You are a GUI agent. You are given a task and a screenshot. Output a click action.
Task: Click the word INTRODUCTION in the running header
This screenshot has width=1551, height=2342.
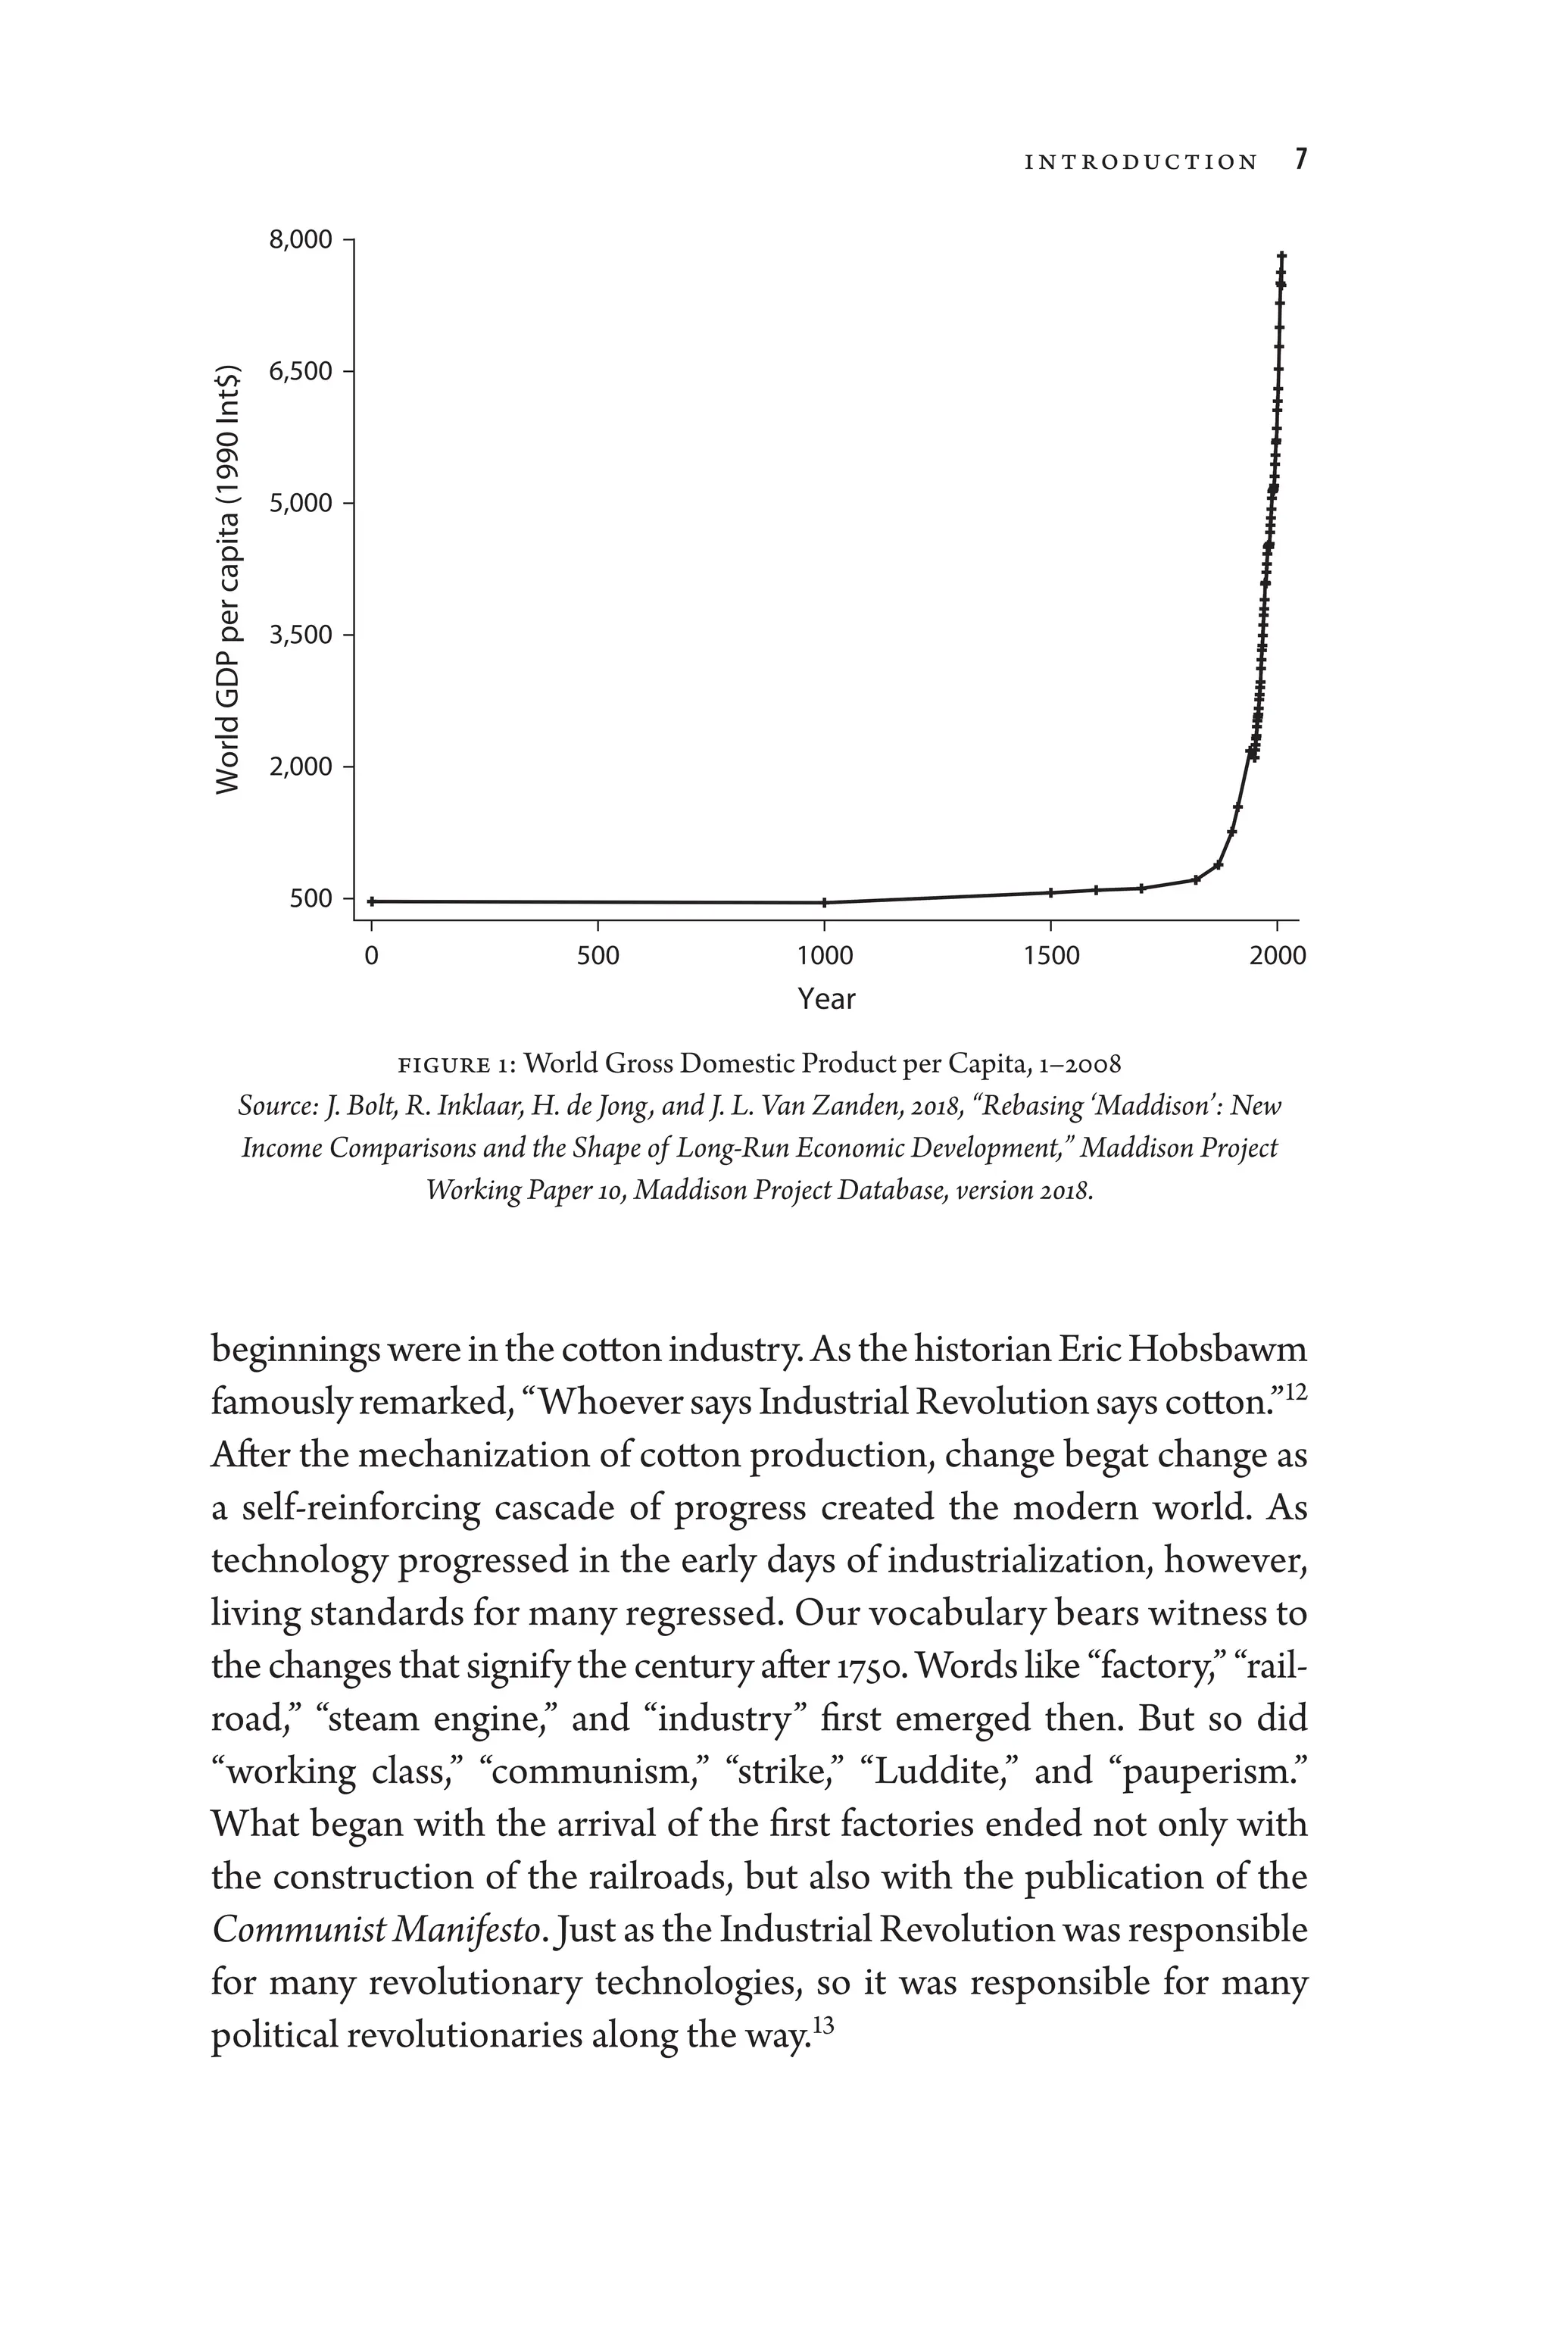pyautogui.click(x=1141, y=162)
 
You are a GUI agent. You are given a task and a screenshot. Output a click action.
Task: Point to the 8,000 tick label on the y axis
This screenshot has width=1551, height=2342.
pyautogui.click(x=301, y=240)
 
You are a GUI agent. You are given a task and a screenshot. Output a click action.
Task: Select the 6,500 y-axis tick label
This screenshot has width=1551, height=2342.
pyautogui.click(x=301, y=372)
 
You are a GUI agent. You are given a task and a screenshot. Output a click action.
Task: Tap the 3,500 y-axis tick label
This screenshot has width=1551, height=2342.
pyautogui.click(x=301, y=635)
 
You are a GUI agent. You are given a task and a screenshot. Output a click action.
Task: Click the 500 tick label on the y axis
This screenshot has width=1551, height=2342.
pyautogui.click(x=309, y=899)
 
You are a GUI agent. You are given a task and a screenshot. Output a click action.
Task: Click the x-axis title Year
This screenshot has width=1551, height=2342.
pyautogui.click(x=826, y=999)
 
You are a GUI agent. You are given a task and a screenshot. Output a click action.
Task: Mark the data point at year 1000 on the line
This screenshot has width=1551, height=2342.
pyautogui.click(x=825, y=902)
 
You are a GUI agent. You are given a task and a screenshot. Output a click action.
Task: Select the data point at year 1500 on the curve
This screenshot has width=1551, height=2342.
pyautogui.click(x=1051, y=892)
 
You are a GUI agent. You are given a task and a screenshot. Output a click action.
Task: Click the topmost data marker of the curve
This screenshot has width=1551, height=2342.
pyautogui.click(x=1282, y=256)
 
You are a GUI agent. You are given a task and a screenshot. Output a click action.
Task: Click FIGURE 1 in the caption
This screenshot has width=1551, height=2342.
pyautogui.click(x=456, y=1065)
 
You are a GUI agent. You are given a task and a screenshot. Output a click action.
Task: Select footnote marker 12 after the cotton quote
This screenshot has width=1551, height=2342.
pyautogui.click(x=1296, y=1392)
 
